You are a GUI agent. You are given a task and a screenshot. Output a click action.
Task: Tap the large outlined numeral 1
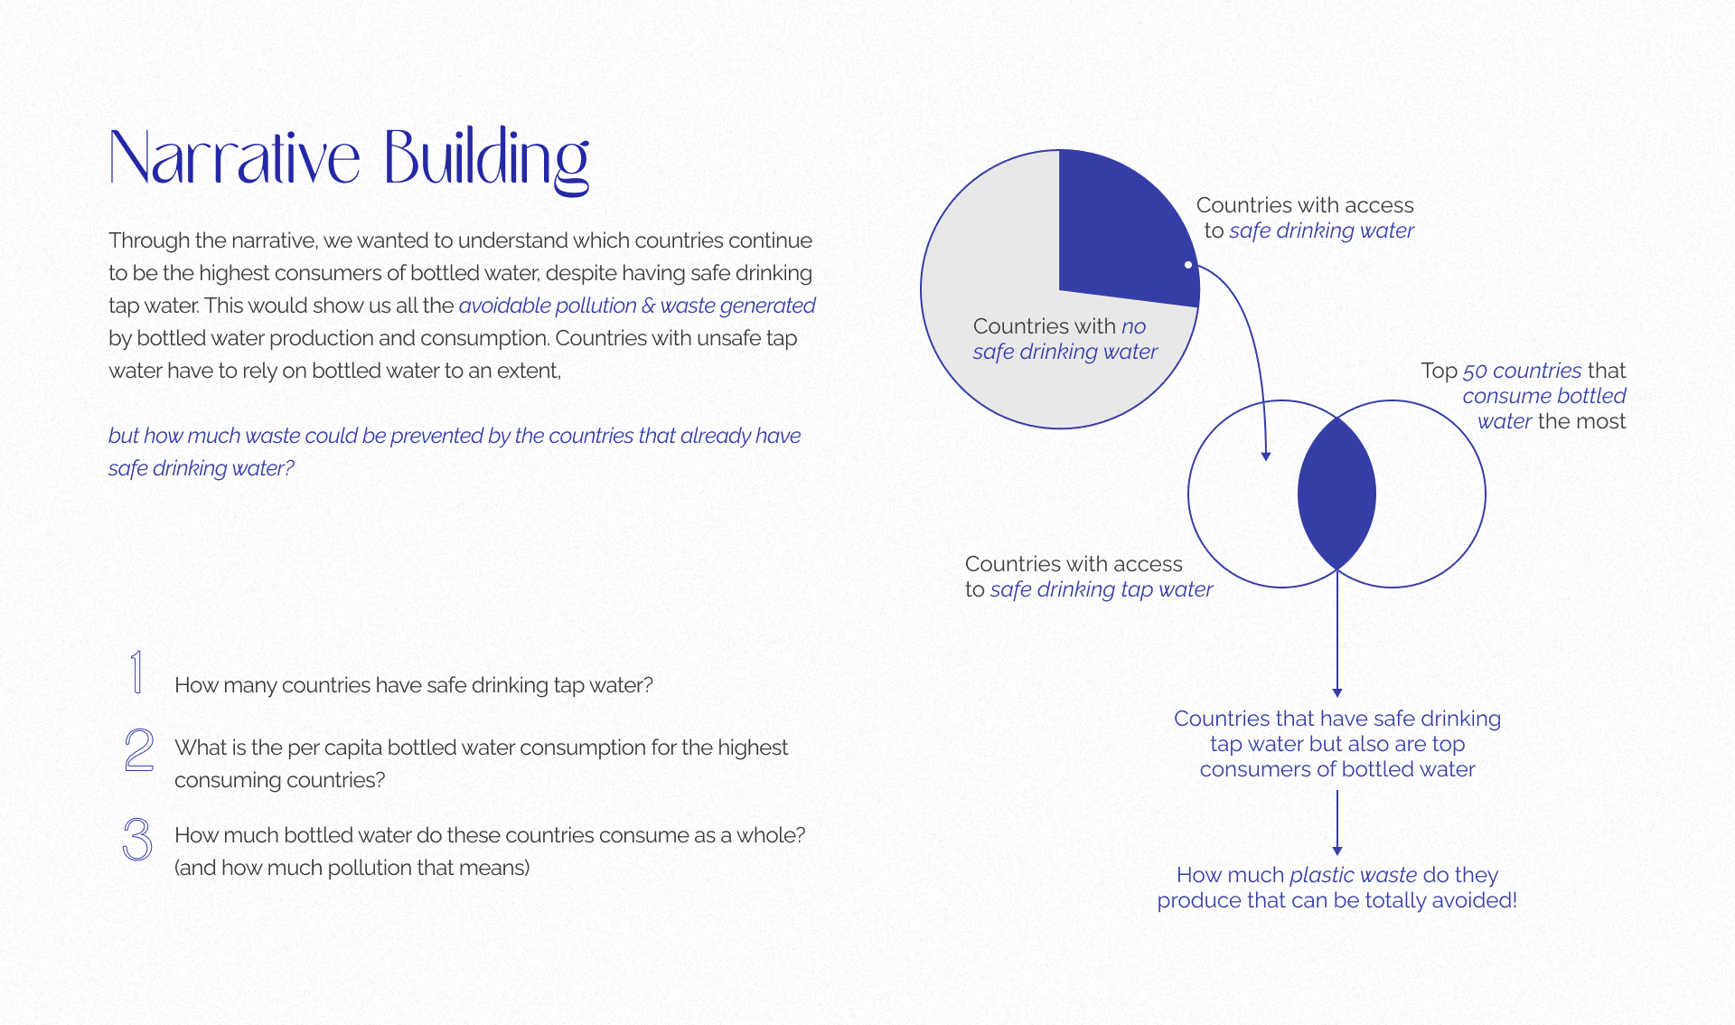click(136, 672)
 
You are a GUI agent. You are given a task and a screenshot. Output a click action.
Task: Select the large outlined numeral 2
click(139, 750)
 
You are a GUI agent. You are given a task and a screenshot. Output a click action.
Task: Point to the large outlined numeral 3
click(137, 839)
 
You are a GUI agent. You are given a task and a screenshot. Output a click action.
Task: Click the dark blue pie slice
click(1125, 230)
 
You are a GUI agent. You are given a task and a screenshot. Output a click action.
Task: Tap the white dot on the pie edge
click(1188, 265)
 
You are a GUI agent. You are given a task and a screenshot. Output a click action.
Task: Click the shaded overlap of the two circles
click(1336, 494)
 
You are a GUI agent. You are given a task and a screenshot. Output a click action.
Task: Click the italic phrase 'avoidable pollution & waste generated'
click(637, 306)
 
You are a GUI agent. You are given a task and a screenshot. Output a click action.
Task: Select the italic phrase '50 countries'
click(1522, 371)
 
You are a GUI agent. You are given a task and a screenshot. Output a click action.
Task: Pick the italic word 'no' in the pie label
click(1133, 326)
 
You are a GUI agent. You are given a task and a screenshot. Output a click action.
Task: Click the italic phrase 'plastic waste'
click(1353, 875)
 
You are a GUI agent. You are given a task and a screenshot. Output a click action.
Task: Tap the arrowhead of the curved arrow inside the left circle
click(1266, 456)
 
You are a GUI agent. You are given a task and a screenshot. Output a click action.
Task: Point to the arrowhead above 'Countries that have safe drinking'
click(1337, 692)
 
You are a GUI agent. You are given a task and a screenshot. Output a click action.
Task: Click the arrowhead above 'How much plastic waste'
click(1337, 851)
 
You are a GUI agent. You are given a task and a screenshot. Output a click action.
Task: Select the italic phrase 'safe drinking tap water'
click(1102, 589)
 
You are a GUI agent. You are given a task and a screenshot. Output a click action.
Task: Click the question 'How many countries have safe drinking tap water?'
click(413, 685)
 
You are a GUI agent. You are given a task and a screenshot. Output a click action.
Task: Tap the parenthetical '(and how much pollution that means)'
click(352, 868)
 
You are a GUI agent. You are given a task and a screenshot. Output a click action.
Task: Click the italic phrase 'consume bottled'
click(1543, 396)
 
